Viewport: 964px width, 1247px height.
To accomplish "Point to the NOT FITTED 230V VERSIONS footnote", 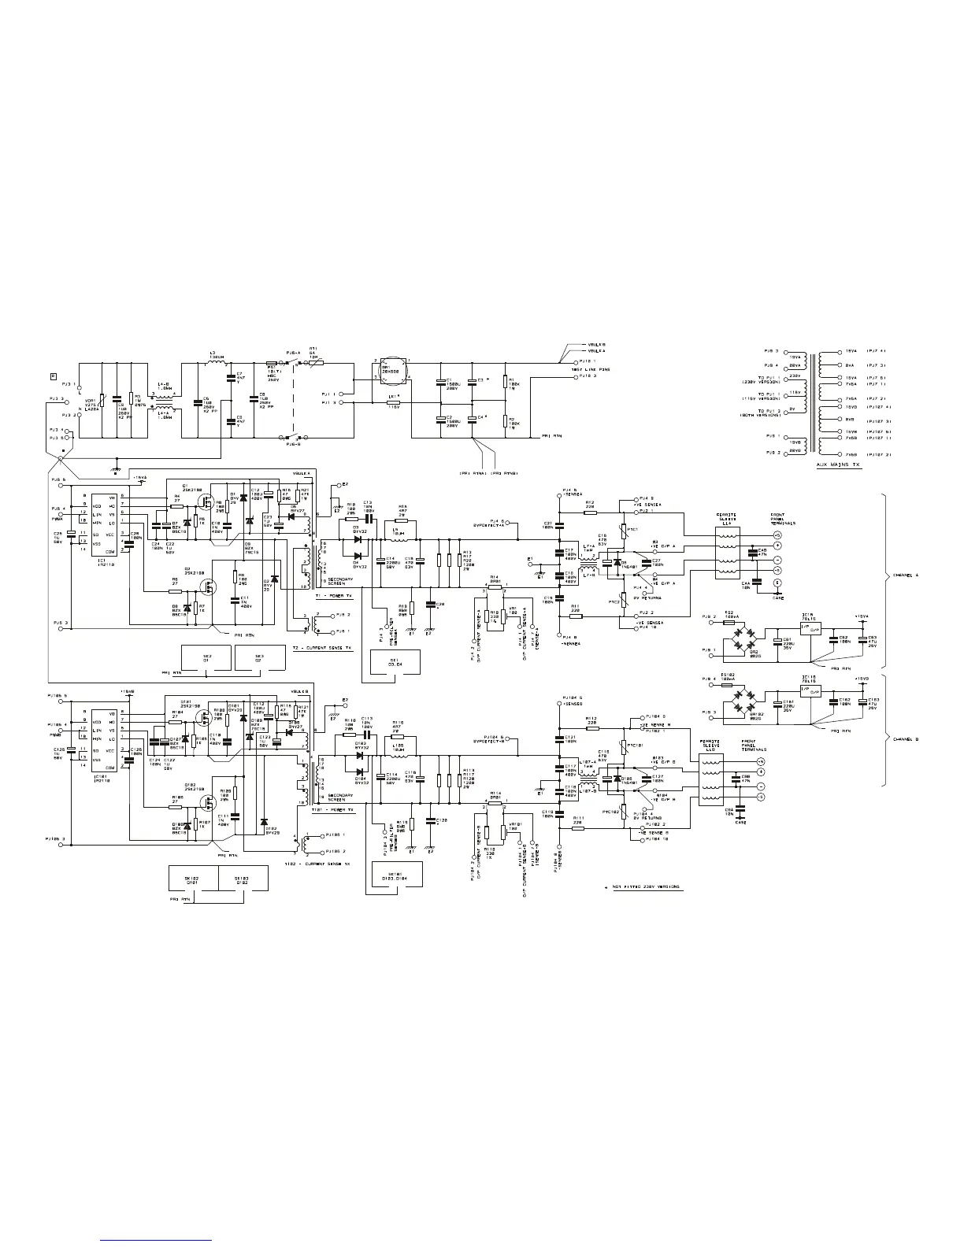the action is point(644,887).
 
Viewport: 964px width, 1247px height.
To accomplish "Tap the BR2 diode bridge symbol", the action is point(739,633).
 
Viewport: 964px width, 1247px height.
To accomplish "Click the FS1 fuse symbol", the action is point(272,364).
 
